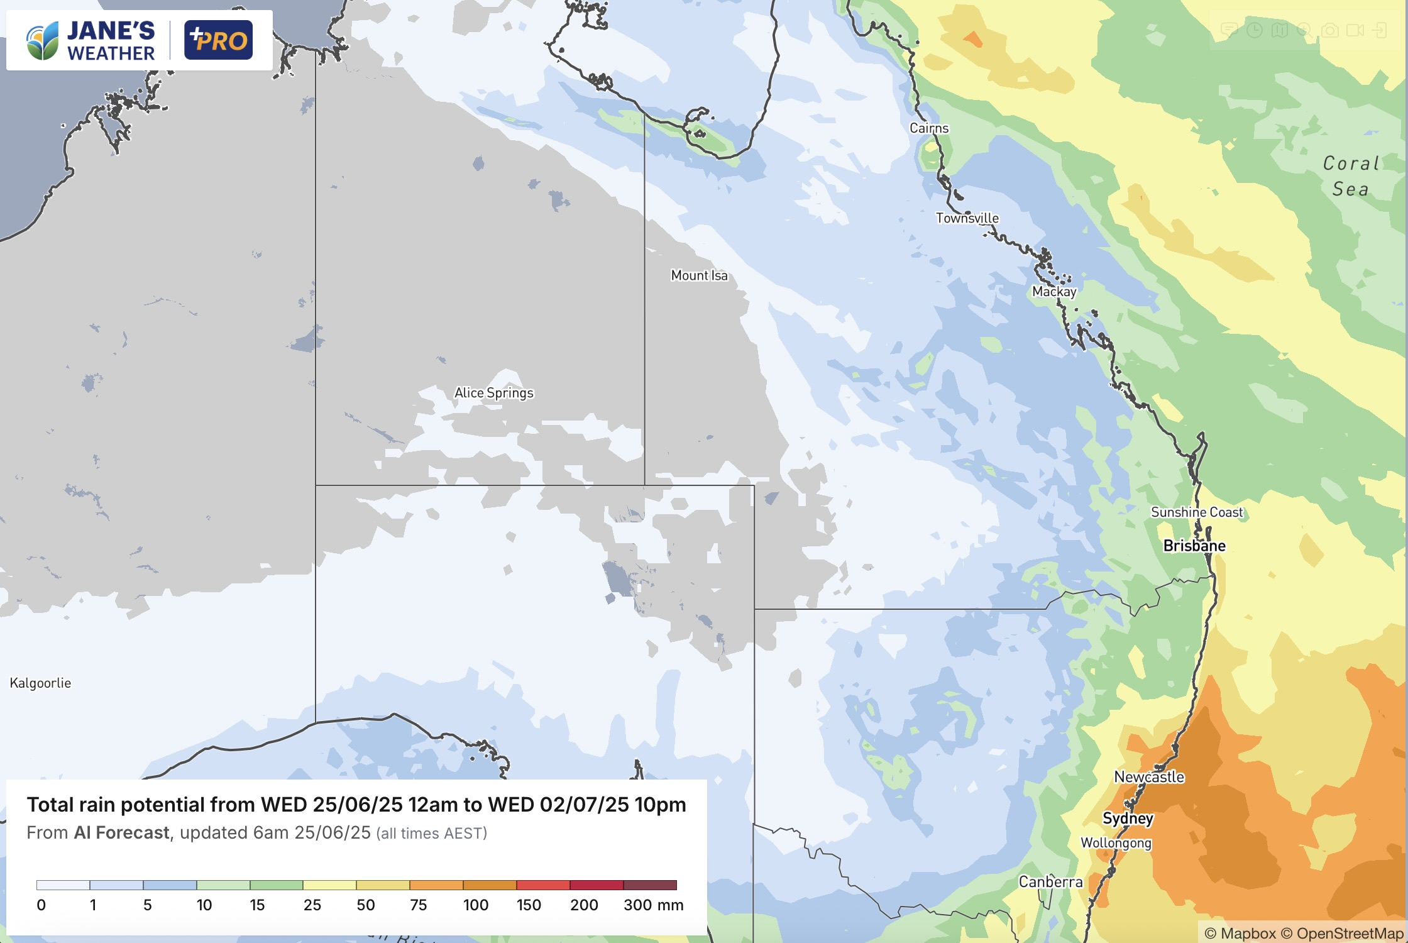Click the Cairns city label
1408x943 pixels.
tap(929, 128)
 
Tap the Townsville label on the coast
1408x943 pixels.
tap(967, 218)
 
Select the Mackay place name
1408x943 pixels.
tap(1054, 292)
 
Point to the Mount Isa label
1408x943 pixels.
tap(699, 275)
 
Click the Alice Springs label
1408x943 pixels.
tap(493, 393)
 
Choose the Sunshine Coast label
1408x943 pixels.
tap(1196, 512)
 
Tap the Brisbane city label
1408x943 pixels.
tap(1194, 546)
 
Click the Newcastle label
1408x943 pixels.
tap(1148, 777)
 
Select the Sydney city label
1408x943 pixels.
tap(1128, 819)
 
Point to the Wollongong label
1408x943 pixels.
tap(1116, 843)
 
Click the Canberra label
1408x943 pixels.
tap(1050, 882)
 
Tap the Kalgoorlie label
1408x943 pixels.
tap(40, 683)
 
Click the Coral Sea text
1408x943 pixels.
tap(1350, 176)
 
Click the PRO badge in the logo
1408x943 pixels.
tap(218, 40)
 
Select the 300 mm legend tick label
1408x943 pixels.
tap(652, 905)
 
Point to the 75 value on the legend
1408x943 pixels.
tap(418, 905)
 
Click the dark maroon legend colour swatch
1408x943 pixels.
tap(650, 885)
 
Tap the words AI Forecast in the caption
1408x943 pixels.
tap(121, 833)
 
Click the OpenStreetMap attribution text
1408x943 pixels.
tap(1349, 934)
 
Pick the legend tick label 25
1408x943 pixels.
tap(312, 905)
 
